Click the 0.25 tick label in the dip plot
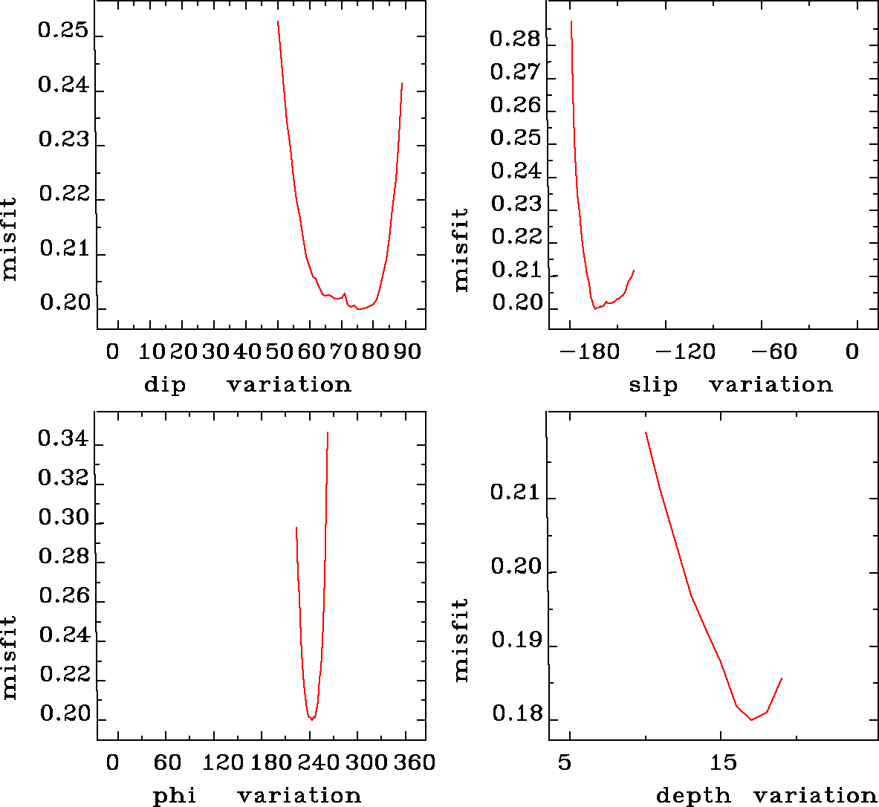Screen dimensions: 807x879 pos(63,32)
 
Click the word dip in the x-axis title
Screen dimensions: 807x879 pos(164,385)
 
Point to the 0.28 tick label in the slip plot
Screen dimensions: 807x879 pos(515,39)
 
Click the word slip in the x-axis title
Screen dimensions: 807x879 pos(653,385)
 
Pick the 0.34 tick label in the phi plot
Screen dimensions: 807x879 pos(63,438)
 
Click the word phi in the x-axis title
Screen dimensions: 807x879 pos(175,797)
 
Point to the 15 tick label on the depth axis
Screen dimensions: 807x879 pos(722,762)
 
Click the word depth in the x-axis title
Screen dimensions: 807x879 pos(693,797)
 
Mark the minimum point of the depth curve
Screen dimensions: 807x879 pos(751,719)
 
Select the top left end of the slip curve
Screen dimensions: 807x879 pos(571,22)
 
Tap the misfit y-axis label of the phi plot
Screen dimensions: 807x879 pos(9,656)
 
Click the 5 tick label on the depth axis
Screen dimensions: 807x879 pos(565,762)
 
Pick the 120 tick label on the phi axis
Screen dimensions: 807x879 pos(223,762)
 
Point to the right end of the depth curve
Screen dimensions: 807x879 pos(782,678)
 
